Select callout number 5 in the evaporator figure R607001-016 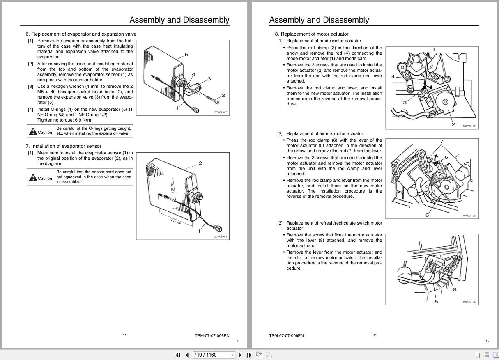tap(186, 55)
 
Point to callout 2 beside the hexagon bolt tap(223, 95)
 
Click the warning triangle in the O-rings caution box tap(33, 131)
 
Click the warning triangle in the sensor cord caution tap(33, 177)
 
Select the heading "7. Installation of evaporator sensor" tap(63, 146)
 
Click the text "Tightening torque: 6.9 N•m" tap(64, 120)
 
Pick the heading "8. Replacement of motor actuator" tap(311, 34)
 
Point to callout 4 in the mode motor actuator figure tap(393, 76)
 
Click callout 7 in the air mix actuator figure tap(441, 142)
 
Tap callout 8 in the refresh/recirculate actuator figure tap(455, 289)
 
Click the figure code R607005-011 tap(469, 126)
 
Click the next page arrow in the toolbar tap(240, 355)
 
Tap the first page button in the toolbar tap(178, 355)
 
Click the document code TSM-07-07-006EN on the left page tap(212, 335)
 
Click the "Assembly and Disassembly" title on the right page tap(319, 20)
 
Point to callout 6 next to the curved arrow tap(446, 157)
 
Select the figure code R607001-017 tap(220, 236)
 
